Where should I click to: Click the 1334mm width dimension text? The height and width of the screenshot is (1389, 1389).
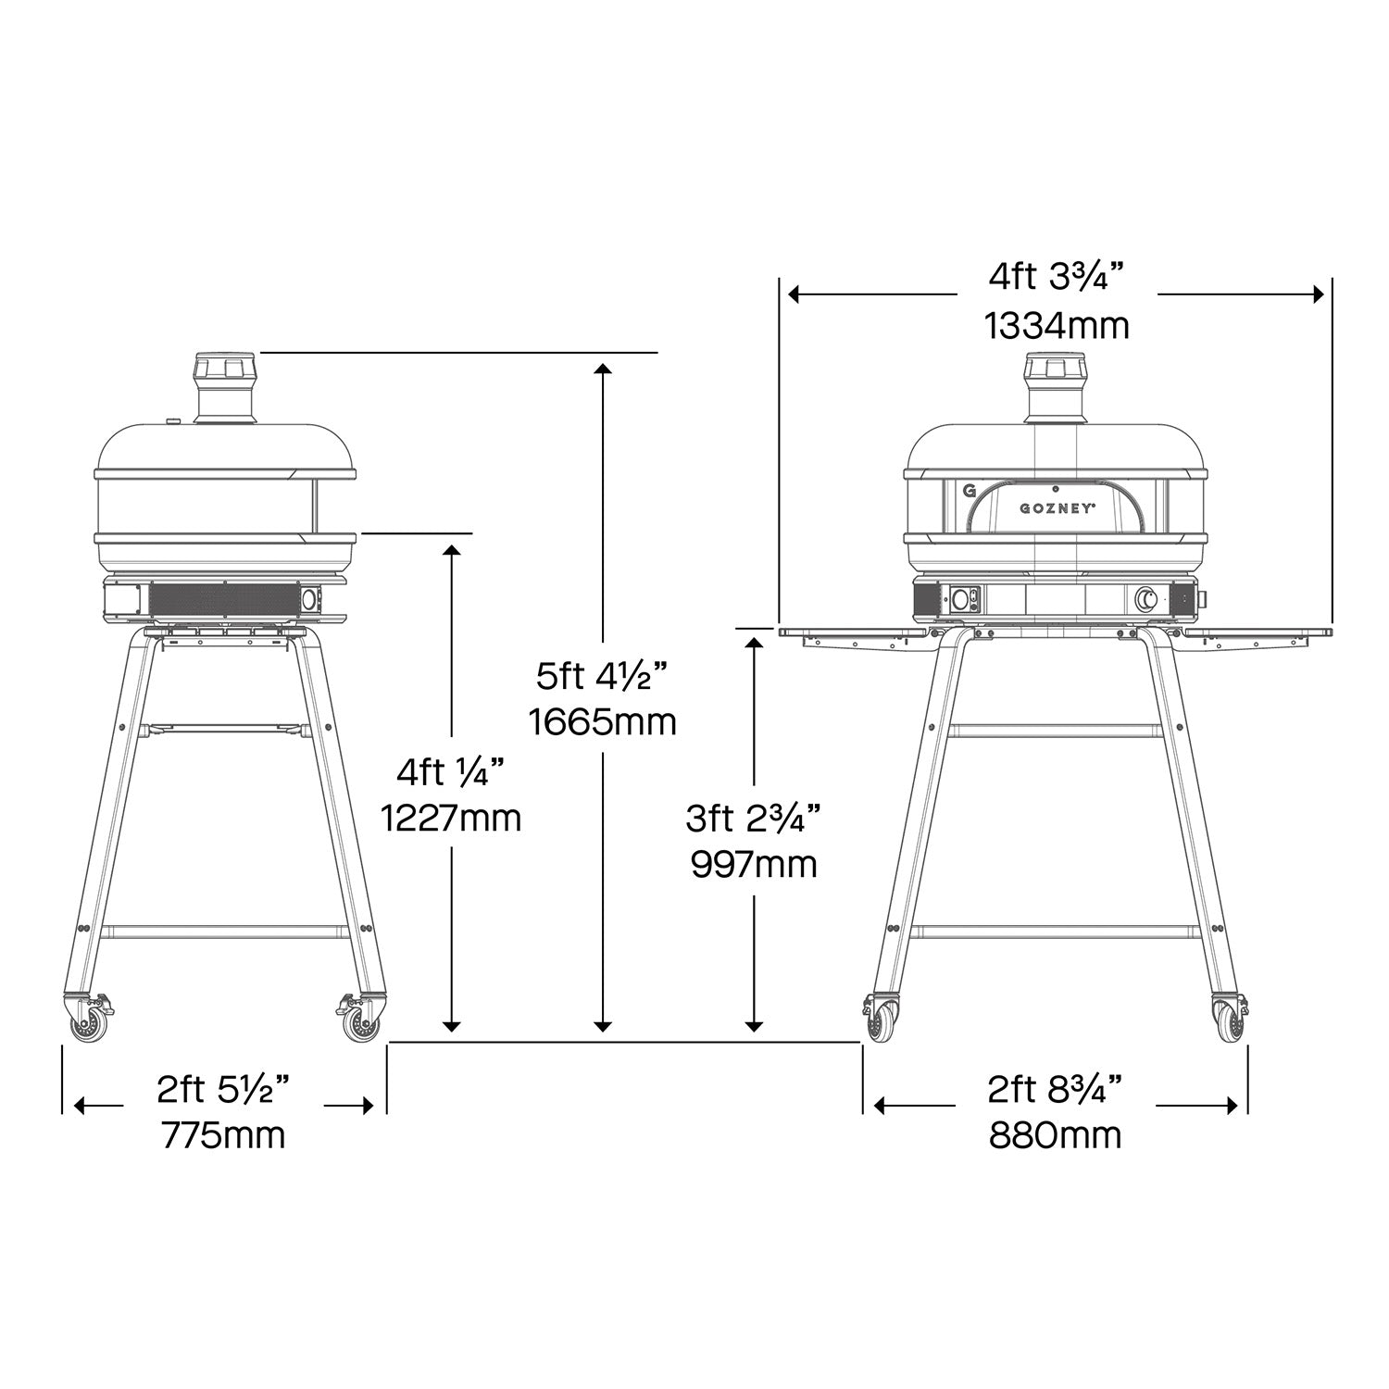click(1057, 325)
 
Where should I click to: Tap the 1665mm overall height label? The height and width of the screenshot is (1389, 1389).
click(603, 721)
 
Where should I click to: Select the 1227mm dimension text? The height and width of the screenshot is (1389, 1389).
click(451, 818)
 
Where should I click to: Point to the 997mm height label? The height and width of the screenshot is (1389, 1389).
click(754, 864)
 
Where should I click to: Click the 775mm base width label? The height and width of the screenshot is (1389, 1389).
click(223, 1134)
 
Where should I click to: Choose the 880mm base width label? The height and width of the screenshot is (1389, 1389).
click(1055, 1134)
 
